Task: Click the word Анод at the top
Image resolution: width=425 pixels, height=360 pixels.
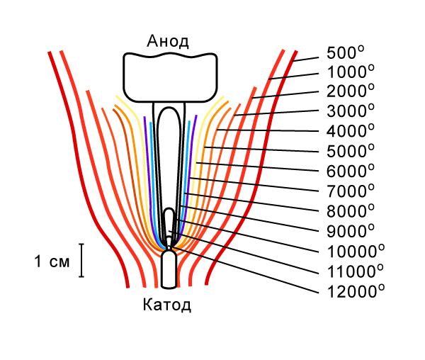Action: (x=168, y=40)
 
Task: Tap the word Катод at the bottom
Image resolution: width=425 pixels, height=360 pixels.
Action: (x=166, y=306)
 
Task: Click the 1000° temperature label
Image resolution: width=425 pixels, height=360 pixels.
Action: (x=350, y=72)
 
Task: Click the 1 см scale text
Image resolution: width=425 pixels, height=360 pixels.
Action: (x=52, y=261)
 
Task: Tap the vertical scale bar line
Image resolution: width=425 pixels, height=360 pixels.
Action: (x=82, y=260)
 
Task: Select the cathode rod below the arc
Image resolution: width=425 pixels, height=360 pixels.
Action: (x=169, y=269)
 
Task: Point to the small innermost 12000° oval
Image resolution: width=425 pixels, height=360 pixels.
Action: (x=169, y=221)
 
